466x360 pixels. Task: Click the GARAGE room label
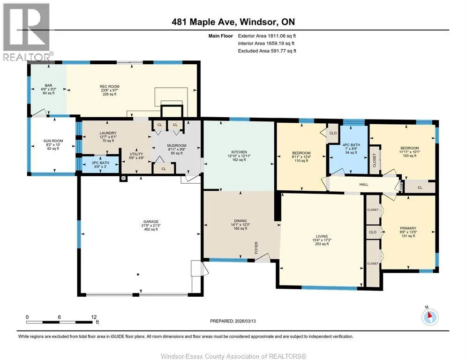coord(150,221)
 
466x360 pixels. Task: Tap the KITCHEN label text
coord(239,152)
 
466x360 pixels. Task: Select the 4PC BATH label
coord(351,145)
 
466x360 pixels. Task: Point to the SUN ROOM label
coord(53,141)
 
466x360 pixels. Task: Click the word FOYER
coord(256,247)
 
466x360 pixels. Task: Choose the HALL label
coord(364,184)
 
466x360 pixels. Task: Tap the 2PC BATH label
coord(100,163)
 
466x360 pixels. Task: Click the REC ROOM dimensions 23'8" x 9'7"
coord(110,90)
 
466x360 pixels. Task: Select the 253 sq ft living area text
coord(322,244)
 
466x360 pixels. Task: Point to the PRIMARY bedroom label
coord(408,228)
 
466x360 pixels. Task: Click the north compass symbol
coord(430,317)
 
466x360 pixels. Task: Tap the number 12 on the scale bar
coord(94,317)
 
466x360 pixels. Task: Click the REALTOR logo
coord(27,32)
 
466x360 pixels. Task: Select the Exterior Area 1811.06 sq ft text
coord(267,36)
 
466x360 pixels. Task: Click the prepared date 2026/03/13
coord(245,321)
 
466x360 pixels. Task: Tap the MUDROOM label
coord(177,146)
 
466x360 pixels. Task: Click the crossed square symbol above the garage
coord(123,179)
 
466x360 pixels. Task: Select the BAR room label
coord(48,86)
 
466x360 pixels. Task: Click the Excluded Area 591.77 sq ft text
coord(267,51)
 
